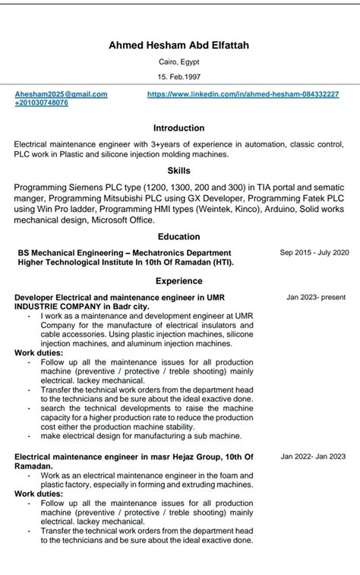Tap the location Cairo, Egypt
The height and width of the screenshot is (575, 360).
179,62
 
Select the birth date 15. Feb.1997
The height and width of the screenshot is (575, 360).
179,77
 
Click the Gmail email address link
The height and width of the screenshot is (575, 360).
61,94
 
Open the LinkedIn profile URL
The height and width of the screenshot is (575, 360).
243,94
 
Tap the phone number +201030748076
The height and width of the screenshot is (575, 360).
41,103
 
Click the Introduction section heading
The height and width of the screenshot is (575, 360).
179,128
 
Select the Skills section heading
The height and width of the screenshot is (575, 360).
179,171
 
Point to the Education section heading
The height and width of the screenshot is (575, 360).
179,237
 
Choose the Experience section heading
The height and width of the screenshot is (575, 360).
179,280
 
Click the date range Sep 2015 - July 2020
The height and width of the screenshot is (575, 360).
314,252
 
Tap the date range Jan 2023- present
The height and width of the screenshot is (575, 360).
316,297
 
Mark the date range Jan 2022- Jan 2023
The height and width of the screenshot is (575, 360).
312,457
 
